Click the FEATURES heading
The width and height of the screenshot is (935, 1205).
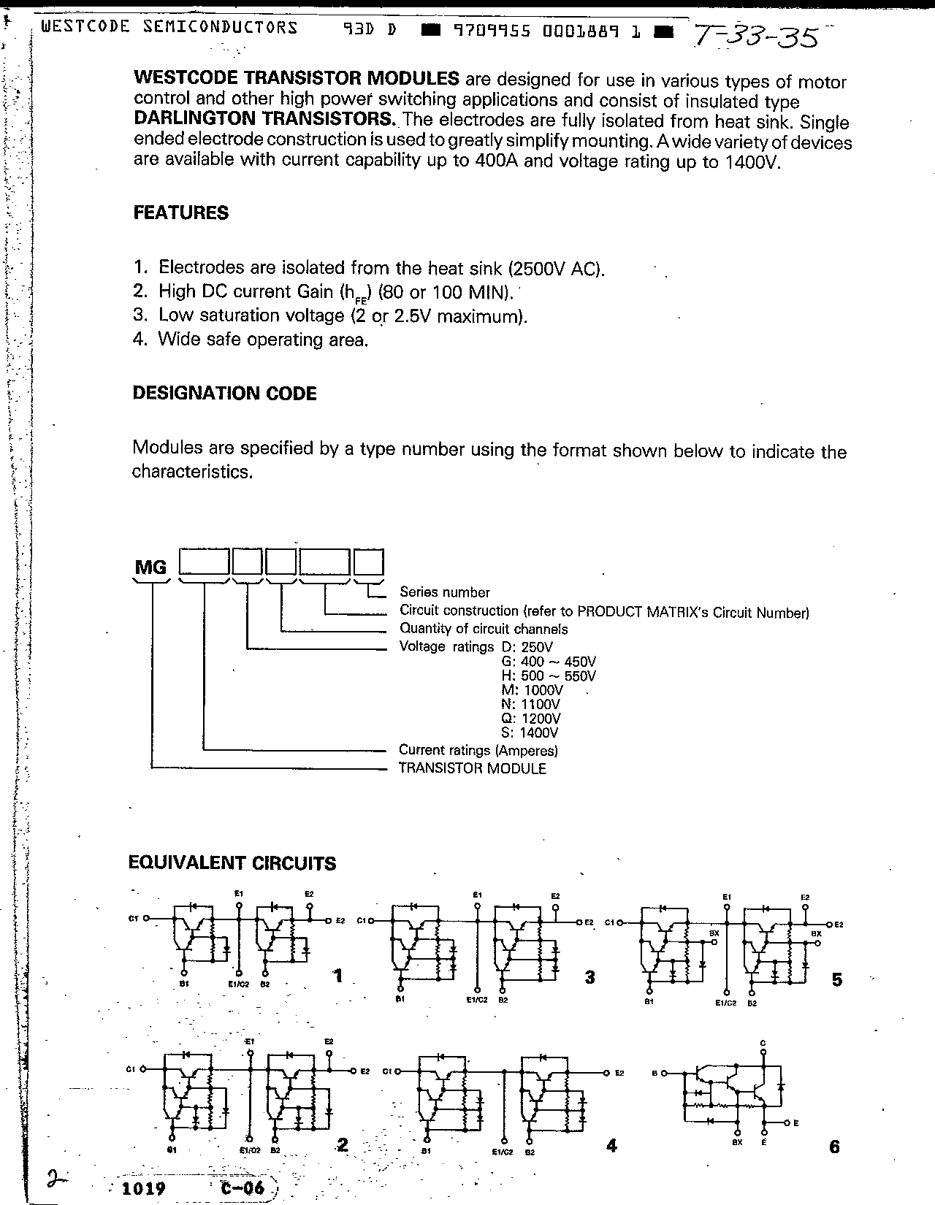[x=180, y=213]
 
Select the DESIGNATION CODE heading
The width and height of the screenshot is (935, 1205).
[x=224, y=394]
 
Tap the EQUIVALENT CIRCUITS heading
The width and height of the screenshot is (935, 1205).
[x=232, y=863]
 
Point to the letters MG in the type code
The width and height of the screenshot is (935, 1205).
[x=150, y=567]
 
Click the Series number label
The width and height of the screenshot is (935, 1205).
[x=444, y=592]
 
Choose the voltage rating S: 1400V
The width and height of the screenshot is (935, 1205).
[x=530, y=732]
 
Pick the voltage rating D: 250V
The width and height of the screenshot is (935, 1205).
[x=527, y=647]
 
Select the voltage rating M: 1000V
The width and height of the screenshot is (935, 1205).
[x=532, y=690]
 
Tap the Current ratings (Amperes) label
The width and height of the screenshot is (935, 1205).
[x=478, y=750]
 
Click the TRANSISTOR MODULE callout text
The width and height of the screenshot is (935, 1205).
[x=472, y=768]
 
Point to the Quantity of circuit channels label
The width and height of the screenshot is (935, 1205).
[x=483, y=629]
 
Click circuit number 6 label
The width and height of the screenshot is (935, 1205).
[x=835, y=1147]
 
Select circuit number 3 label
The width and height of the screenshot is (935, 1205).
[x=589, y=978]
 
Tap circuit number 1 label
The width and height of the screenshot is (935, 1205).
[x=337, y=976]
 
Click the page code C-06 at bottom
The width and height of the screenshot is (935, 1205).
[x=242, y=1187]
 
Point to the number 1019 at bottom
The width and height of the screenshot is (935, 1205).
[x=144, y=1188]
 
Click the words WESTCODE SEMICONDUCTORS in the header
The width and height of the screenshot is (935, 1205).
[x=169, y=28]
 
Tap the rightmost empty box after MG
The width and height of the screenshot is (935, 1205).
[x=369, y=563]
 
